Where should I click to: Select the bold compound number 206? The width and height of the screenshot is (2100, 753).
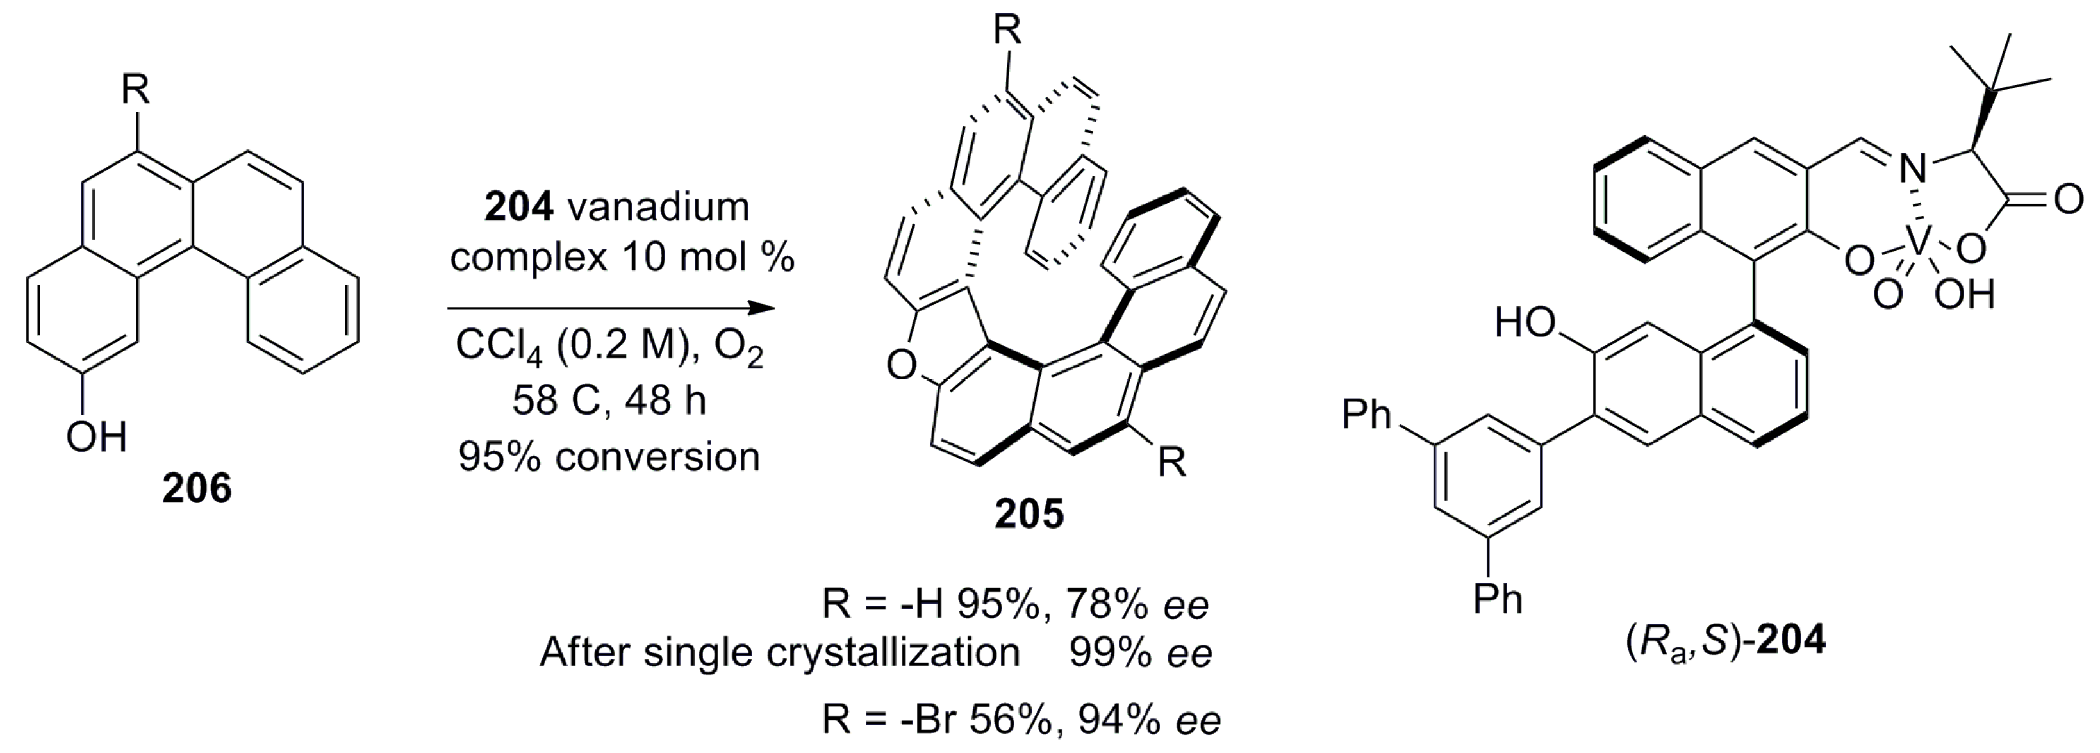pyautogui.click(x=197, y=489)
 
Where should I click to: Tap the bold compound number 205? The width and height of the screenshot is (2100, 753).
pyautogui.click(x=1029, y=515)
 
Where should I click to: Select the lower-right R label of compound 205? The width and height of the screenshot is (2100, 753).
pyautogui.click(x=1172, y=463)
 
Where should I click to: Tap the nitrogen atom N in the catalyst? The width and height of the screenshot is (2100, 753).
pyautogui.click(x=1912, y=170)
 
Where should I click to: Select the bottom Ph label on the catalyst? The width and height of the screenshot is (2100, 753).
pyautogui.click(x=1498, y=600)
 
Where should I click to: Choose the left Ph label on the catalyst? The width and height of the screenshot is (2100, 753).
pyautogui.click(x=1366, y=414)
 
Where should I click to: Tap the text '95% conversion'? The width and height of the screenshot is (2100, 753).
pyautogui.click(x=609, y=457)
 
